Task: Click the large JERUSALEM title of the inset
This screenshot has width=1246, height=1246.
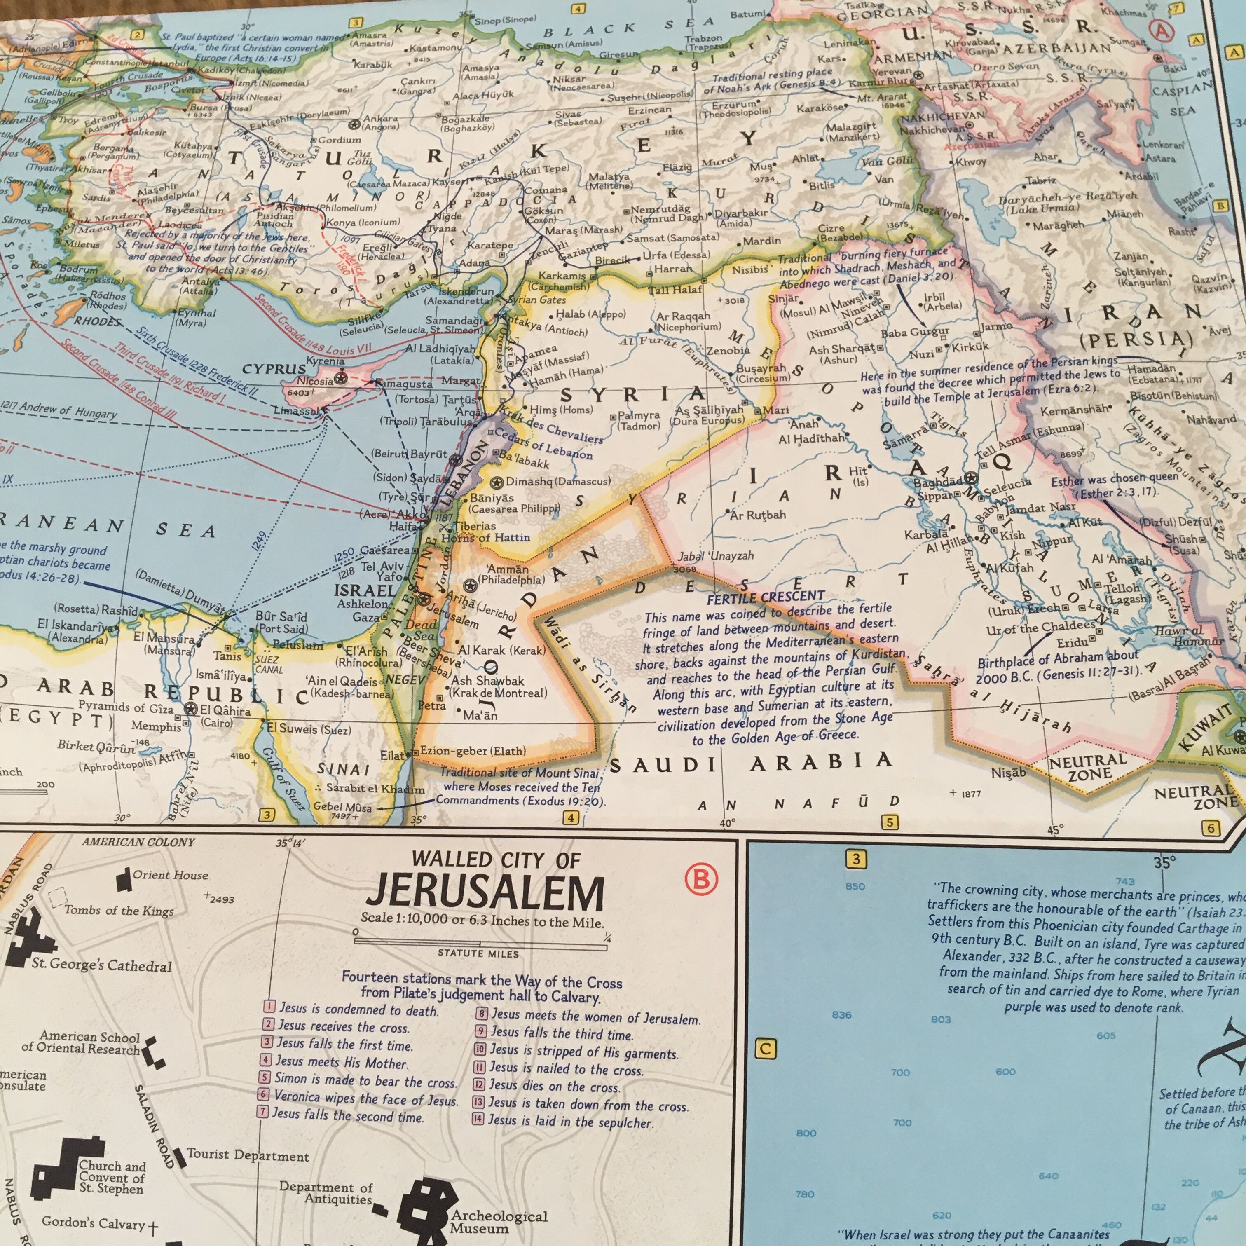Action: tap(485, 894)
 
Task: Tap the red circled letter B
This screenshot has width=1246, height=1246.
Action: tap(701, 878)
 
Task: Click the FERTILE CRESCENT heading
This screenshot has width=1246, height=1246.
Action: tap(766, 597)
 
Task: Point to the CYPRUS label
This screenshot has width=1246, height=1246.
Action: tap(274, 369)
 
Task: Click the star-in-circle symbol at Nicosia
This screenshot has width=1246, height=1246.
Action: tap(342, 378)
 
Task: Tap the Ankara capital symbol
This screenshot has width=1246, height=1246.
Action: tap(354, 122)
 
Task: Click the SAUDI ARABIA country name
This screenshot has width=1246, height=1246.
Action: tap(751, 763)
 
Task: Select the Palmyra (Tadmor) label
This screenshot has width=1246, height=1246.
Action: tap(639, 421)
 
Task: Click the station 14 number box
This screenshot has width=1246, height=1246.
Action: tap(478, 1118)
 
